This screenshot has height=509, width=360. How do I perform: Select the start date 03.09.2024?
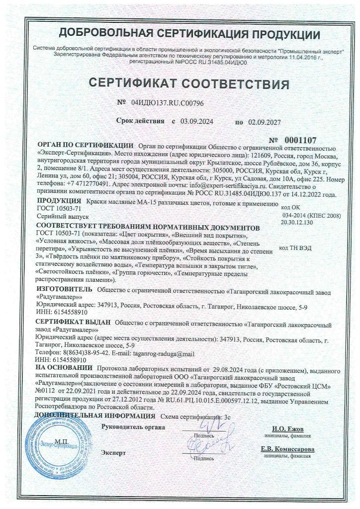point(196,121)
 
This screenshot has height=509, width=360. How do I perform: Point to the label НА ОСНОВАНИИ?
point(64,370)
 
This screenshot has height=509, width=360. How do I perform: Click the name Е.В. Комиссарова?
point(287,449)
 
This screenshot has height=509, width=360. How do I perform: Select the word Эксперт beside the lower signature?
point(114,453)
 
